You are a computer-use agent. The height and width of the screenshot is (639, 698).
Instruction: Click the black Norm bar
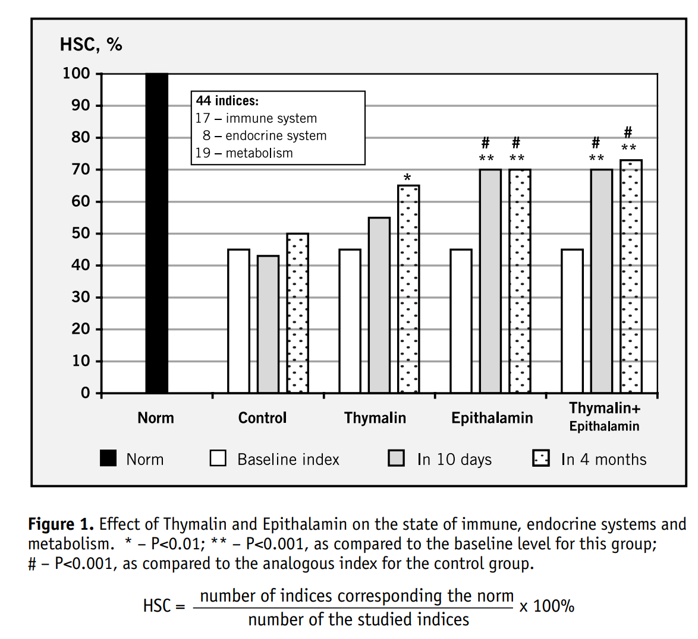[x=157, y=233]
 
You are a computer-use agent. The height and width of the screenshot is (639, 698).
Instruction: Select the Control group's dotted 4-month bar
[x=297, y=313]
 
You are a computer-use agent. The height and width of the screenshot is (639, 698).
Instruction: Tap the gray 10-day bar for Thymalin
[x=379, y=305]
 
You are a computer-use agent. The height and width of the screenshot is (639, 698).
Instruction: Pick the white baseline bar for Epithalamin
[x=461, y=321]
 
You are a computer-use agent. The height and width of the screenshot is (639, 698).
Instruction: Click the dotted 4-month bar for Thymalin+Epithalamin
[x=631, y=276]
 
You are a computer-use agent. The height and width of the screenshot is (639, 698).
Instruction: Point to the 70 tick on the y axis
[x=81, y=169]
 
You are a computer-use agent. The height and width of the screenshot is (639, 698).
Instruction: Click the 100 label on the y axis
[x=77, y=74]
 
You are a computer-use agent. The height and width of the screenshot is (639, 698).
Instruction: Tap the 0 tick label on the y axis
[x=86, y=393]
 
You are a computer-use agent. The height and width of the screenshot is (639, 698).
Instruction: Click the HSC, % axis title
[x=91, y=45]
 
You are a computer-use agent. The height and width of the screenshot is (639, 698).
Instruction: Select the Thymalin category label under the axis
[x=375, y=418]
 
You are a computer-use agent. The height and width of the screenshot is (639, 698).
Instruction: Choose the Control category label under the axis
[x=262, y=418]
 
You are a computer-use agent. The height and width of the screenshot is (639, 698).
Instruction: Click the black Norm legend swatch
[x=108, y=458]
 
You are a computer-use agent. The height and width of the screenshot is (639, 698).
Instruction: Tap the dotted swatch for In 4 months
[x=541, y=458]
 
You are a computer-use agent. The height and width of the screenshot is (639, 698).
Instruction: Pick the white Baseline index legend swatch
[x=218, y=458]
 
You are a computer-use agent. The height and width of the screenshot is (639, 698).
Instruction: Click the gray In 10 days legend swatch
[x=396, y=458]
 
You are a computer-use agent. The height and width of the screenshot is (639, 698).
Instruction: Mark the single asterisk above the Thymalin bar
[x=407, y=178]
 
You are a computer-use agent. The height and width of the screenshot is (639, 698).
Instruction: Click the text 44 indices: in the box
[x=227, y=101]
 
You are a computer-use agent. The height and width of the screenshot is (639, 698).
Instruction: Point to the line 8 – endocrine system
[x=265, y=136]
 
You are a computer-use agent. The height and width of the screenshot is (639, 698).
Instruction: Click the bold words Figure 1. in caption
[x=61, y=524]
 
